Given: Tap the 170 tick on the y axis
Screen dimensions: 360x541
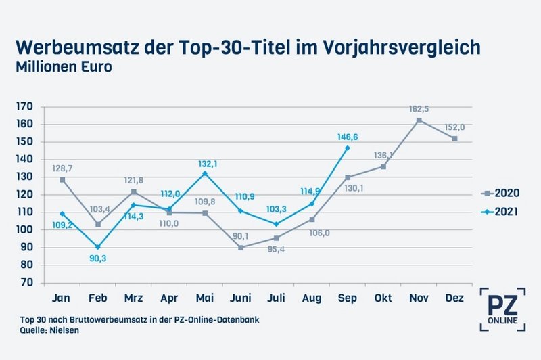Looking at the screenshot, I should point(25,106).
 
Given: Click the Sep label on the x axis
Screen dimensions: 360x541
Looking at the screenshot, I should point(348,298).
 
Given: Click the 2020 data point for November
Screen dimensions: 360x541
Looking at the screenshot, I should point(419,120).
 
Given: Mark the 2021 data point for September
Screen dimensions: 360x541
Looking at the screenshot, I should point(348,148).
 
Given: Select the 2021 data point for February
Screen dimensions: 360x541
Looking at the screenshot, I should point(97,247).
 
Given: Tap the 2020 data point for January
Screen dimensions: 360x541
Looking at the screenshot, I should point(62,179).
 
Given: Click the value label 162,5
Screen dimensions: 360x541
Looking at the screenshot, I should point(419,108).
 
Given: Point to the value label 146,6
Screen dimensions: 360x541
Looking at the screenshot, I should point(348,137).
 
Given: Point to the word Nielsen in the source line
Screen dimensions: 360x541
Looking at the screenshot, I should point(62,330).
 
